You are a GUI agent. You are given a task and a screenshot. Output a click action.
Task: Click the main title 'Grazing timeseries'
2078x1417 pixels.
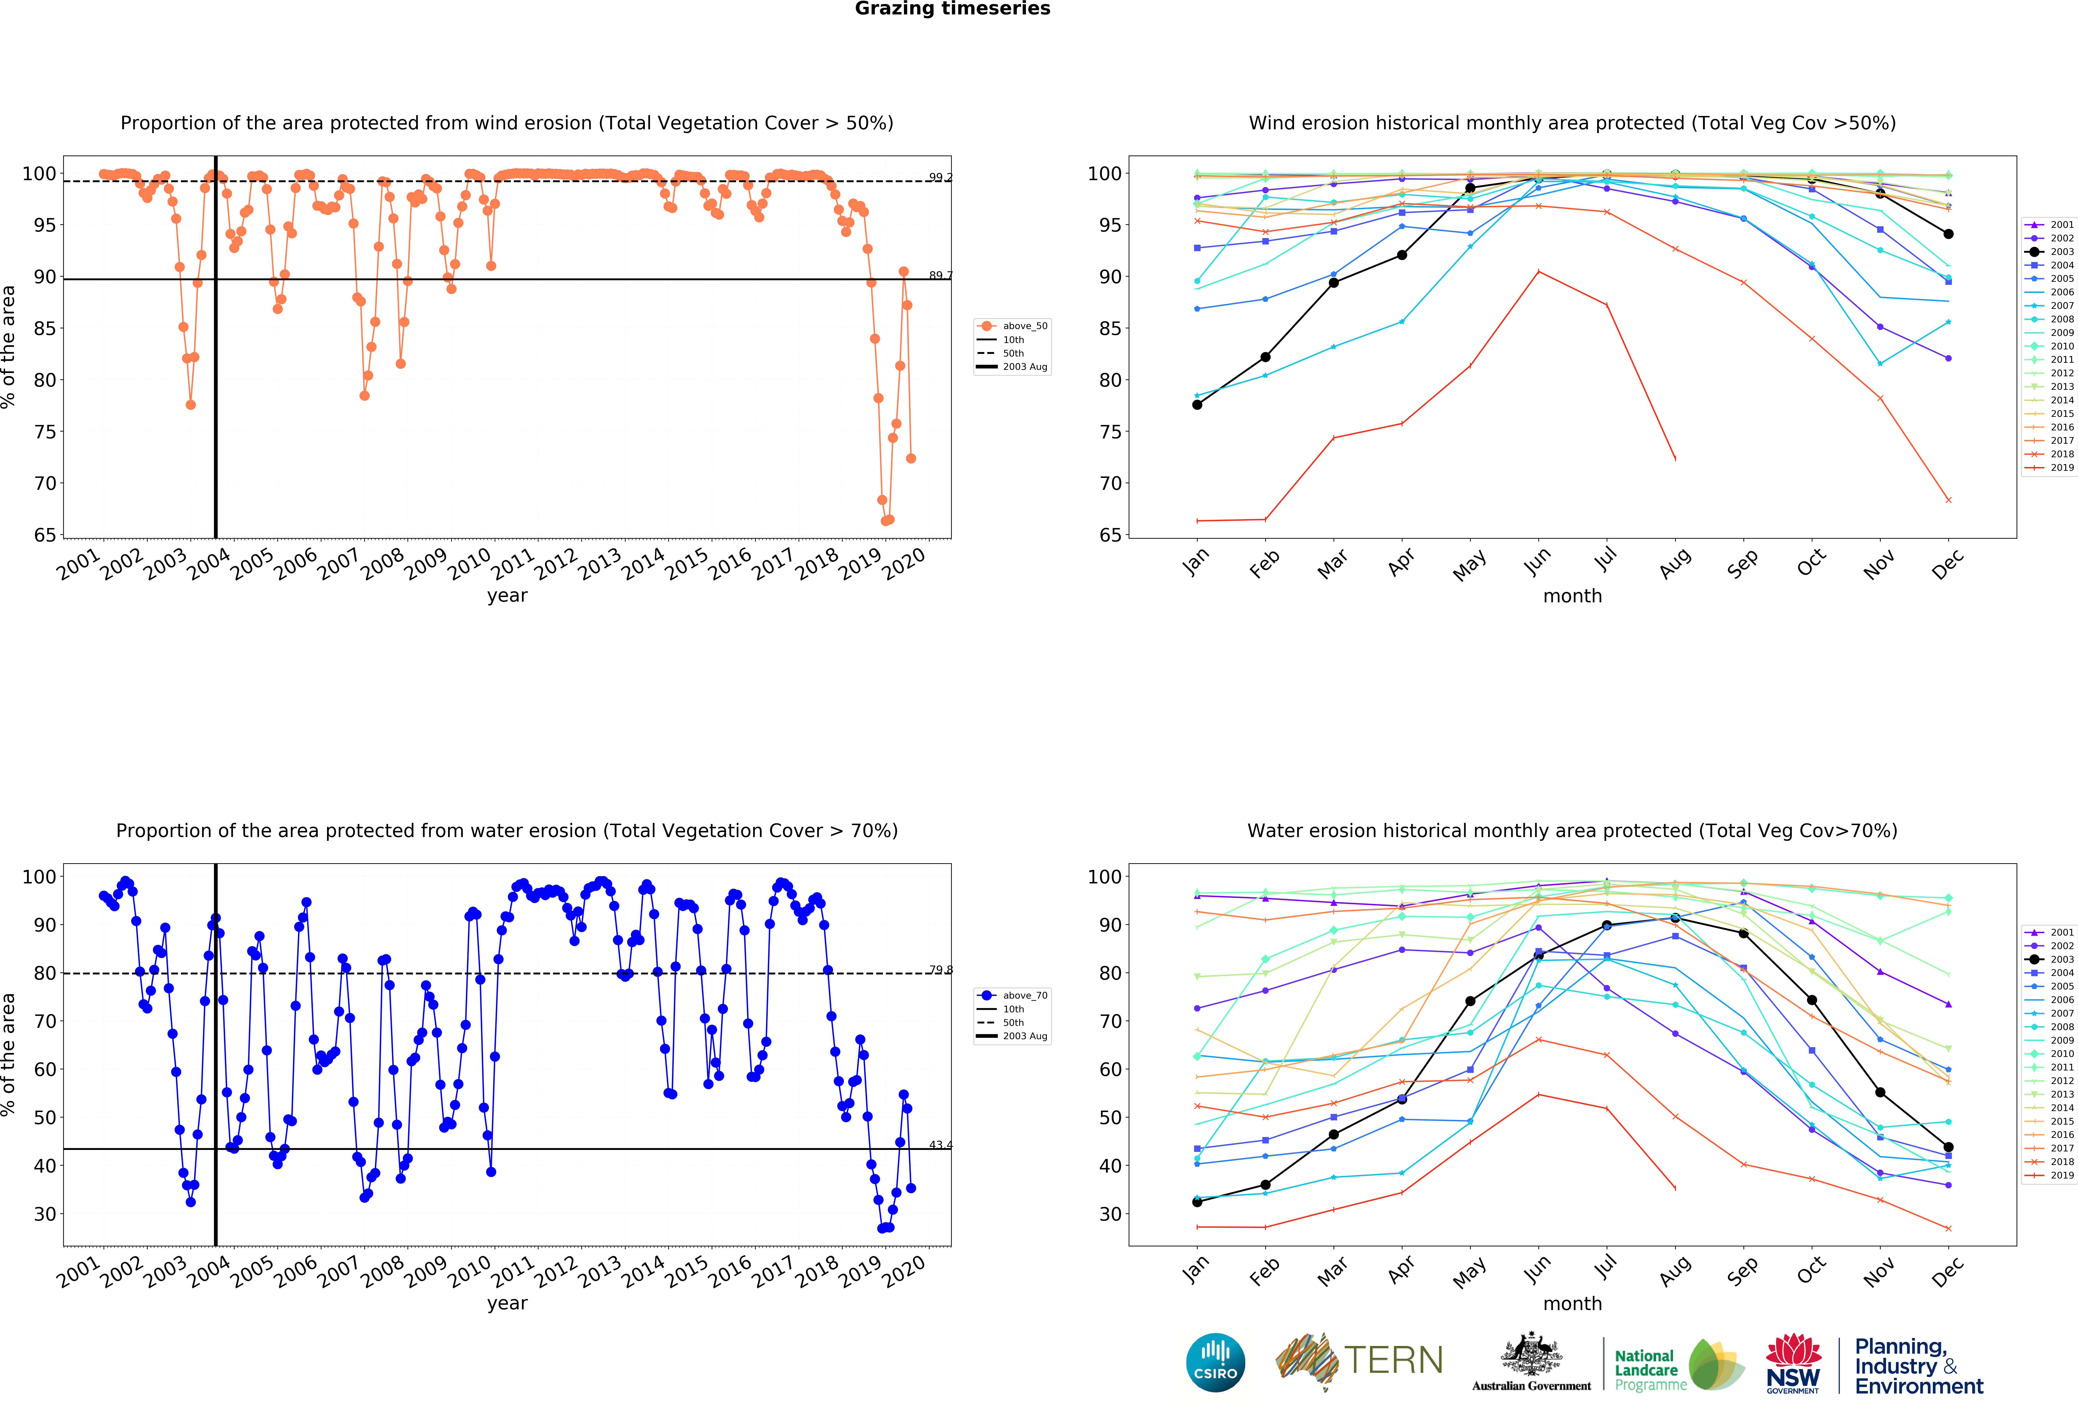point(952,9)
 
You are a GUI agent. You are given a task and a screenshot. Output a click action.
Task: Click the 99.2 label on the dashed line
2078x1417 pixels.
point(940,177)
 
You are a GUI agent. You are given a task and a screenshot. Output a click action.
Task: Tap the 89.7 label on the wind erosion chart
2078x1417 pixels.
point(940,276)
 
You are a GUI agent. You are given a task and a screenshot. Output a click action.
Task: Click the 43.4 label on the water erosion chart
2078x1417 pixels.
point(940,1145)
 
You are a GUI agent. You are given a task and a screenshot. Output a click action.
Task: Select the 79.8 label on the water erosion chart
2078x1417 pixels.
point(940,970)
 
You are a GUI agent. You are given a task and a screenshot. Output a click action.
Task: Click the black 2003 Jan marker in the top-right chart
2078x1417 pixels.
point(1197,405)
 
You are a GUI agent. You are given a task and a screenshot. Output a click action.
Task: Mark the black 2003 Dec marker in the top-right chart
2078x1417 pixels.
point(1948,234)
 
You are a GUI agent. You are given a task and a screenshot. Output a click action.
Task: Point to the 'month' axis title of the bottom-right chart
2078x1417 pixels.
point(1572,1303)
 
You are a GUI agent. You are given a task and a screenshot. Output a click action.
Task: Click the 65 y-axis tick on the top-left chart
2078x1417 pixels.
point(45,535)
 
